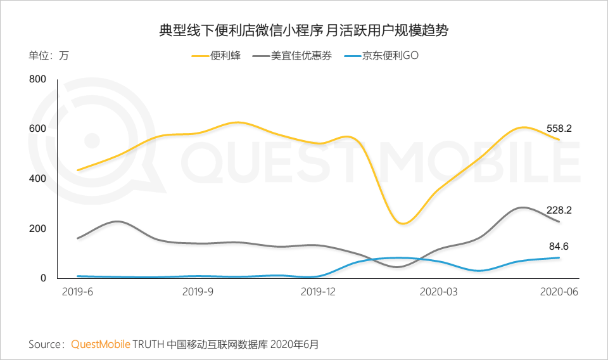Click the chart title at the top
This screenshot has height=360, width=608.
click(x=304, y=30)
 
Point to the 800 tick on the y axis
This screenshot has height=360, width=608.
click(x=38, y=79)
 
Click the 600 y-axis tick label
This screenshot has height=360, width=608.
click(x=38, y=129)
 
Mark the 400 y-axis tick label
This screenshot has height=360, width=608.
click(x=38, y=179)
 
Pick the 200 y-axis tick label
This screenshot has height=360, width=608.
click(x=38, y=228)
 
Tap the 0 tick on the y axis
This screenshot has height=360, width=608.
click(x=43, y=278)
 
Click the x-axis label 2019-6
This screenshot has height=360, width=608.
click(x=76, y=292)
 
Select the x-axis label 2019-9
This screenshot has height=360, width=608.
click(x=197, y=292)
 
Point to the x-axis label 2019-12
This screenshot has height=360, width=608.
click(x=318, y=292)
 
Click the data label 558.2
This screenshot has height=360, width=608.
click(x=559, y=129)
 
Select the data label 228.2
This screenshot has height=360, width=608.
click(x=559, y=210)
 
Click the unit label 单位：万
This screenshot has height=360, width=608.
click(x=49, y=56)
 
